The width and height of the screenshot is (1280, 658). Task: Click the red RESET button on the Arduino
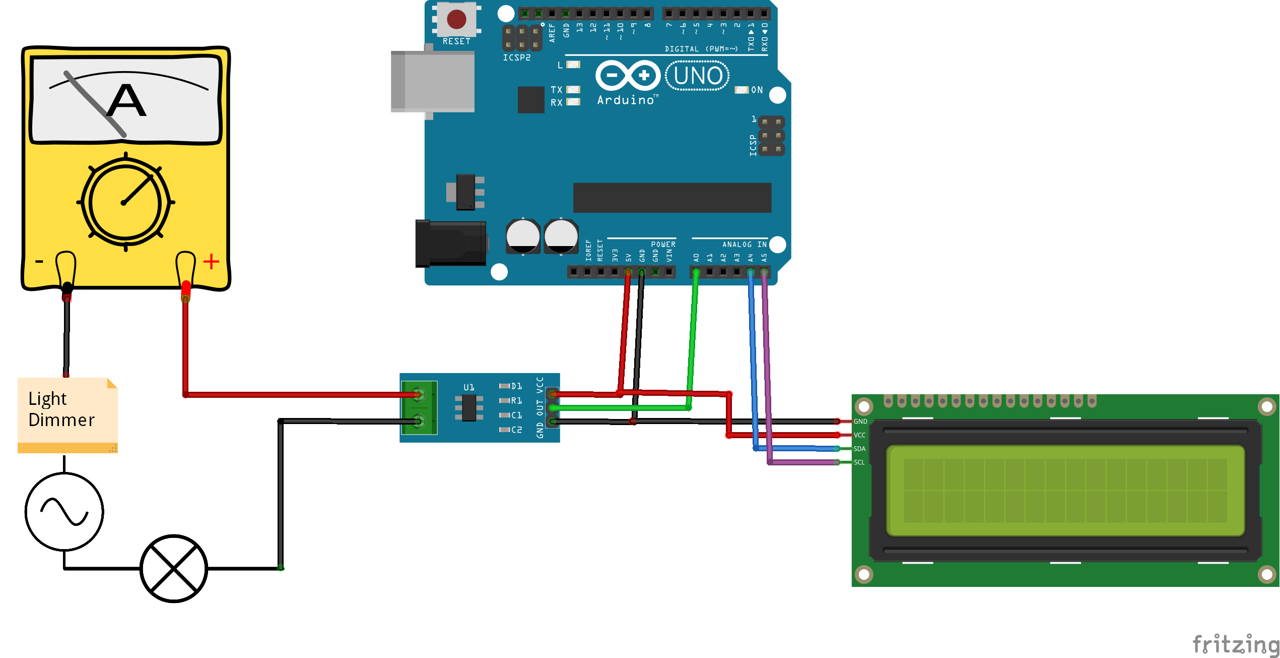click(456, 19)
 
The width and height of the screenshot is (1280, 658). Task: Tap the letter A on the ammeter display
click(126, 100)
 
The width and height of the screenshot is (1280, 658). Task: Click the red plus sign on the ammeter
click(211, 261)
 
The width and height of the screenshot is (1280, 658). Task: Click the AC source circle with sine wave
click(64, 511)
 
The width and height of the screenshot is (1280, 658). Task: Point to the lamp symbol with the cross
click(174, 568)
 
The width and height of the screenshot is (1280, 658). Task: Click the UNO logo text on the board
click(698, 76)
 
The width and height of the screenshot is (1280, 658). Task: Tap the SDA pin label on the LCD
click(859, 449)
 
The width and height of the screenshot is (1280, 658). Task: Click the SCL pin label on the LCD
click(859, 462)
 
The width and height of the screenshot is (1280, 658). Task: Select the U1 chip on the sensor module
click(469, 407)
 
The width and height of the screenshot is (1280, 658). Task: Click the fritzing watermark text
click(1235, 644)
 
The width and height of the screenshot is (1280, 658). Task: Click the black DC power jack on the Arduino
click(450, 244)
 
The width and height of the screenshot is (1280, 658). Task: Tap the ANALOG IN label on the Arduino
click(744, 245)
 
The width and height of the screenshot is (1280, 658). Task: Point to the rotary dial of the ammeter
click(125, 203)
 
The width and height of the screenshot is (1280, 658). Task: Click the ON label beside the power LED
click(757, 90)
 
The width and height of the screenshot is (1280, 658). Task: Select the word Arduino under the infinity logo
click(625, 100)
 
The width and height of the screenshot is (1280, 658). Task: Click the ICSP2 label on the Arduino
click(516, 57)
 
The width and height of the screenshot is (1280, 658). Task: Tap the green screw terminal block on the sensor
click(419, 407)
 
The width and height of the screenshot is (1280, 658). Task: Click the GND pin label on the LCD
click(860, 422)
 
